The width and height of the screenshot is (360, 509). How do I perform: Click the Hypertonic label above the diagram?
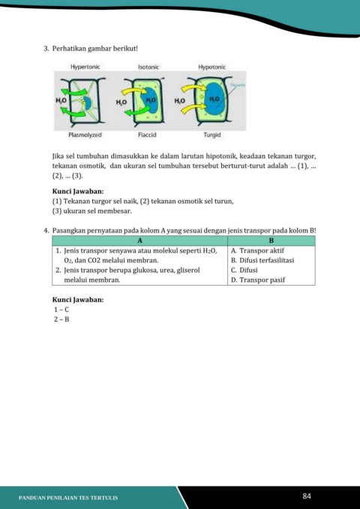(x=85, y=67)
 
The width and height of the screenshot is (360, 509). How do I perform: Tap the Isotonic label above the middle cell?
(x=148, y=67)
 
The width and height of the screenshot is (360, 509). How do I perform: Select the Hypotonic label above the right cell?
(x=211, y=67)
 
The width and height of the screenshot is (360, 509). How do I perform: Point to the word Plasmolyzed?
(x=85, y=135)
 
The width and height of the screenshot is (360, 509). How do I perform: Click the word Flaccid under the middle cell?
(x=147, y=135)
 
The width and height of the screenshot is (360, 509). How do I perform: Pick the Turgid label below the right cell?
(x=212, y=135)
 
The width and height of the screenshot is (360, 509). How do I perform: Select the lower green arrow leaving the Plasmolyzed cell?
(x=73, y=112)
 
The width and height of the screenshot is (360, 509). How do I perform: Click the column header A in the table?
(x=140, y=241)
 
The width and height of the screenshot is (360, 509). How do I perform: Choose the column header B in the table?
(x=271, y=241)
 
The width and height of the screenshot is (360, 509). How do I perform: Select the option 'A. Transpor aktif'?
(x=257, y=250)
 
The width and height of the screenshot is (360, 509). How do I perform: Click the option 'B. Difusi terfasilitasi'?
(x=262, y=260)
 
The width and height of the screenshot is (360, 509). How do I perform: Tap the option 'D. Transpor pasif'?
(x=258, y=280)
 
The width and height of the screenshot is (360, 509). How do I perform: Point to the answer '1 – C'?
(x=61, y=310)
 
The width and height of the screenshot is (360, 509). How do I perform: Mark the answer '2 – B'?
(x=61, y=319)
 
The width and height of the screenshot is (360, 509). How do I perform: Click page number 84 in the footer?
(x=307, y=496)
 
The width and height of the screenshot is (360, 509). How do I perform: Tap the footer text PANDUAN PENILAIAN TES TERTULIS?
(x=68, y=498)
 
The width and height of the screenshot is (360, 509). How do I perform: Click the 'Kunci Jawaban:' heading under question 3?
(x=78, y=191)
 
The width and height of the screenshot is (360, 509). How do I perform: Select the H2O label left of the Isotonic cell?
(x=121, y=102)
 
